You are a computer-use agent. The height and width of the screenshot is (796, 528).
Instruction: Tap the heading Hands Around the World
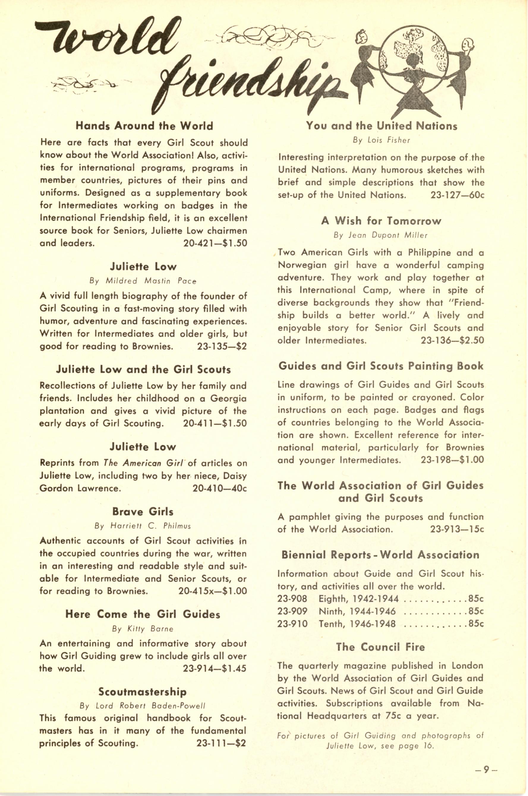(x=144, y=126)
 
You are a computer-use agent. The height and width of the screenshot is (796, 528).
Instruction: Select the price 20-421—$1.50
(x=215, y=243)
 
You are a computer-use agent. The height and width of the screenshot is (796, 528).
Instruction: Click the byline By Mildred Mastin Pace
(x=143, y=281)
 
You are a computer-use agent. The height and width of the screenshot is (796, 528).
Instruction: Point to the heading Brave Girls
(x=143, y=512)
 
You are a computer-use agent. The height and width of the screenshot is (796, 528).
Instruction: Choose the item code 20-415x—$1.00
(x=212, y=591)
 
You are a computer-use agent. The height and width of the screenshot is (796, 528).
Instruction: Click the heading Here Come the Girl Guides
(x=143, y=614)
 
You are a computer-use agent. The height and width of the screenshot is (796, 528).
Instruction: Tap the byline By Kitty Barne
(x=143, y=629)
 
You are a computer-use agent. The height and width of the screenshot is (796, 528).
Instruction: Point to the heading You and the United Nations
(x=382, y=126)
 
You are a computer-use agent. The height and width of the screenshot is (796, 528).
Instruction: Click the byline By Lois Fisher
(x=382, y=140)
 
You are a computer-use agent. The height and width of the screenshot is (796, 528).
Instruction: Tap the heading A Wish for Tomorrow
(x=381, y=221)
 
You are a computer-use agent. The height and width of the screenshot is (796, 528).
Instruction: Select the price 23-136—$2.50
(x=452, y=341)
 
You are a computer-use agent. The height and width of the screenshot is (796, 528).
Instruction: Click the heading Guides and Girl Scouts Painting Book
(x=381, y=366)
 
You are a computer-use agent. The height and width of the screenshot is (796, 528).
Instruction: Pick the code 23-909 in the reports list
(x=292, y=611)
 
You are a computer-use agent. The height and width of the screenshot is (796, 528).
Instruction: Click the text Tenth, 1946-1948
(x=357, y=624)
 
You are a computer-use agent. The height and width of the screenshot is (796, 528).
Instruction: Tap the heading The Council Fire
(x=380, y=647)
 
